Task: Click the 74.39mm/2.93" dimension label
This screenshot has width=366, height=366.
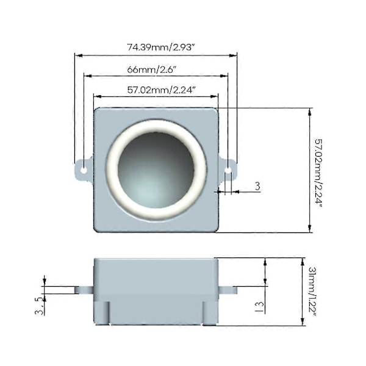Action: (161, 47)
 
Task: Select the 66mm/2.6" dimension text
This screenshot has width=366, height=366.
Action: (151, 70)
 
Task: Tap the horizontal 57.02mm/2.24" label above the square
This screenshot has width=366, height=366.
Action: (161, 90)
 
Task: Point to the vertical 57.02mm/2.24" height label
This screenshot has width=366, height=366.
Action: (318, 173)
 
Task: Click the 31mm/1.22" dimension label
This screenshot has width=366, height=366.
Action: (312, 292)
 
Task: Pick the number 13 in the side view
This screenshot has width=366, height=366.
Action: (260, 307)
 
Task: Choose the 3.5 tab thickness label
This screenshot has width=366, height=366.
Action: (40, 306)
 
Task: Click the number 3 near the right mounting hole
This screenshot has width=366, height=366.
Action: (257, 186)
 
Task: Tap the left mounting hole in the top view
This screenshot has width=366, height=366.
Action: (84, 170)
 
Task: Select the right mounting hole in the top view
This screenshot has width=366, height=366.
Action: (228, 170)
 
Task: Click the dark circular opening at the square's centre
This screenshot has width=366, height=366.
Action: (156, 170)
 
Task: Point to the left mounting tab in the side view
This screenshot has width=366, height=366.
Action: (84, 290)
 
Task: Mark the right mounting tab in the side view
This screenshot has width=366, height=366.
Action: (228, 290)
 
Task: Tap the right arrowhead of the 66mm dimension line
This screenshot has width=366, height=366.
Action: (224, 76)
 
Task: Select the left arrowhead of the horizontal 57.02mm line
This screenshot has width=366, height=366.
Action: (97, 96)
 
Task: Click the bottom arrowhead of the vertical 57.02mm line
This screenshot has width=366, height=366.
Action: (310, 229)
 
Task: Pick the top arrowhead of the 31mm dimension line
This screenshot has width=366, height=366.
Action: (303, 262)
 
